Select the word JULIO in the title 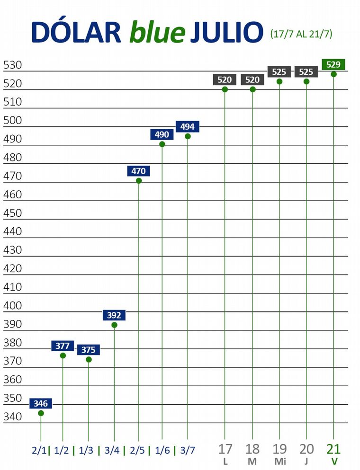click(226, 32)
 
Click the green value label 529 click(333, 64)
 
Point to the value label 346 click(41, 404)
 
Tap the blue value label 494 click(188, 127)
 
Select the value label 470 click(139, 171)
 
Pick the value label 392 click(114, 315)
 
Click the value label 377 click(63, 346)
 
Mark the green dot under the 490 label click(162, 144)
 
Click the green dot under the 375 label click(89, 360)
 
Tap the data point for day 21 click(333, 74)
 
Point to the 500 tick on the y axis click(12, 120)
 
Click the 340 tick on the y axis click(12, 417)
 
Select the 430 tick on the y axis click(12, 250)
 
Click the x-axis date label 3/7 click(187, 450)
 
